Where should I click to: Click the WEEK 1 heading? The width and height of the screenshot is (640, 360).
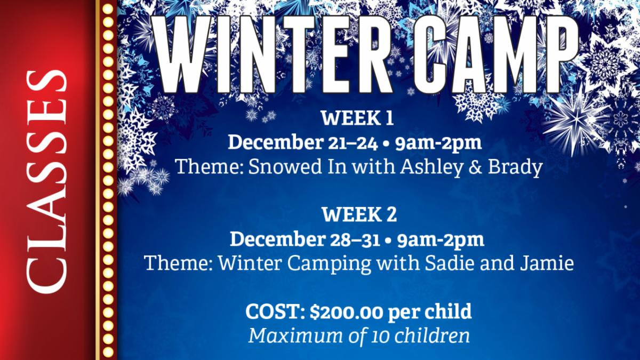tap(357, 118)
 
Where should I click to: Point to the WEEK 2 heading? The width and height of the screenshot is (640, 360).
tap(359, 215)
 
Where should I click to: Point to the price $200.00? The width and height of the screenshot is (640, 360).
tap(346, 311)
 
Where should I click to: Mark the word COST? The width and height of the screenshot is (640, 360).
tap(275, 311)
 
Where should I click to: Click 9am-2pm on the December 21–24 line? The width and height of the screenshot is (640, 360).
tap(440, 142)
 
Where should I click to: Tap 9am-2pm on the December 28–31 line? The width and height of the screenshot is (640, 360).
tap(442, 239)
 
